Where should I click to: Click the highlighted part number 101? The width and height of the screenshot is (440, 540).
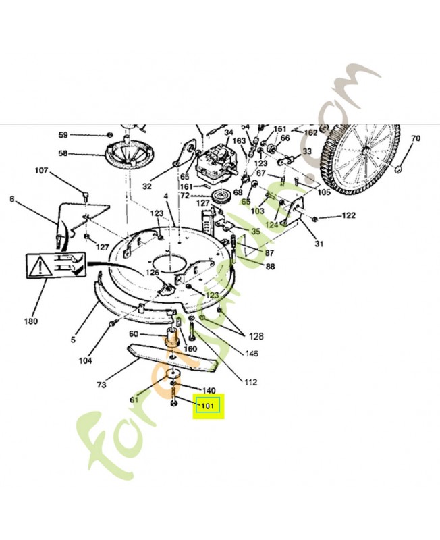click(x=208, y=407)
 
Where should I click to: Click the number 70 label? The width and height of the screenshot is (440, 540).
click(x=415, y=139)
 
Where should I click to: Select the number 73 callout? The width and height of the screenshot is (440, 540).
click(x=101, y=385)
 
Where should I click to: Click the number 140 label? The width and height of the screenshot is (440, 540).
click(x=209, y=391)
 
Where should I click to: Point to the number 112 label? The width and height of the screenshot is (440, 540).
click(x=250, y=382)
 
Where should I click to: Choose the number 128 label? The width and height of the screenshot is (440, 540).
click(x=256, y=336)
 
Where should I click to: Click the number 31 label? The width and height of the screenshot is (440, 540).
click(x=319, y=244)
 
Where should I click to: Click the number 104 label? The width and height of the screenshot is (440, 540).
click(x=85, y=361)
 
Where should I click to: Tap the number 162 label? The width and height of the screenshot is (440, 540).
click(x=310, y=133)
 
